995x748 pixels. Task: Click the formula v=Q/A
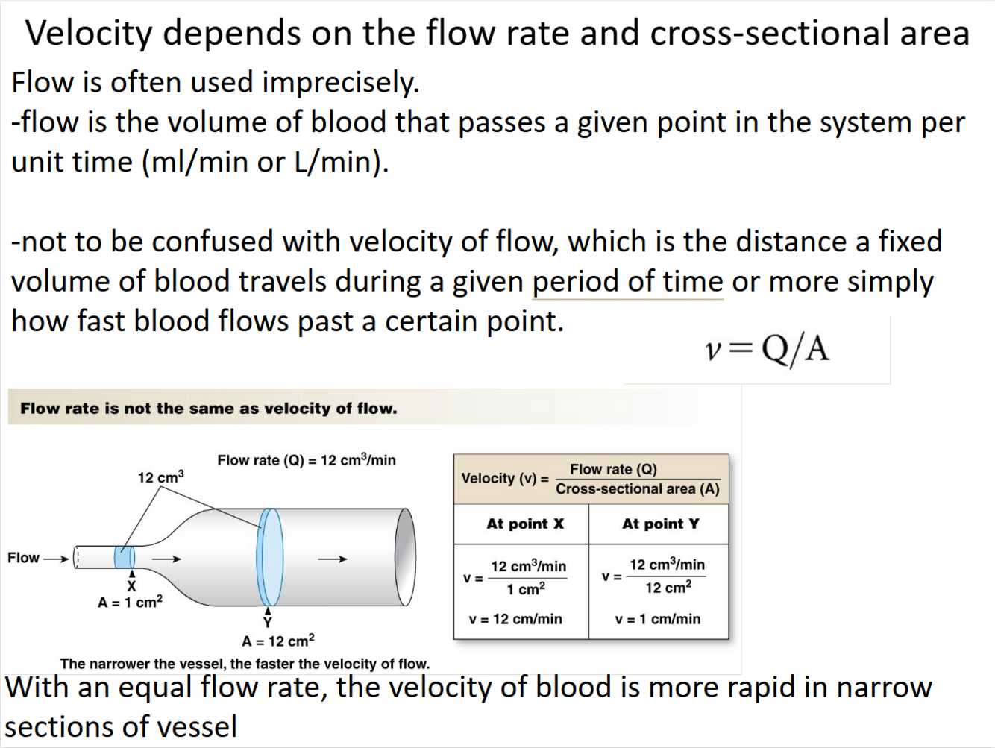767,348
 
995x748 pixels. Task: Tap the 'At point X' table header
525,524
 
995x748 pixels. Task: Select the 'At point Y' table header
660,524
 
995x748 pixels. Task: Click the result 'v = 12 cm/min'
515,619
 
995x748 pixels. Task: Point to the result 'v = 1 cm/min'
657,619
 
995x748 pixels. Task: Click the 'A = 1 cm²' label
130,602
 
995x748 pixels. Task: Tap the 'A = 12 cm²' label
278,641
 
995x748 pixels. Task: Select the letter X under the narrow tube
131,586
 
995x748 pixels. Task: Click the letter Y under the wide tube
268,622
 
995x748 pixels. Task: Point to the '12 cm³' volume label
160,477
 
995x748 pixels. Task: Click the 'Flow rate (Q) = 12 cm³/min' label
307,460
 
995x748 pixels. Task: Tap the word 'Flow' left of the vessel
23,558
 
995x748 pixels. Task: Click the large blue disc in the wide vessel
270,556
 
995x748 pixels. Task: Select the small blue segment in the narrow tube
125,557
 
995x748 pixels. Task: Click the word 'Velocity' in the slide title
88,34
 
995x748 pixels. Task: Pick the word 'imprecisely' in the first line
340,82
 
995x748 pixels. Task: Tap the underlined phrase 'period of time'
627,282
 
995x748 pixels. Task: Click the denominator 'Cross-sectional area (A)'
637,489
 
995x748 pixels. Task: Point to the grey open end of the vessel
405,556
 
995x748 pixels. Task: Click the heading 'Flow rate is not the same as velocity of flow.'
209,408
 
